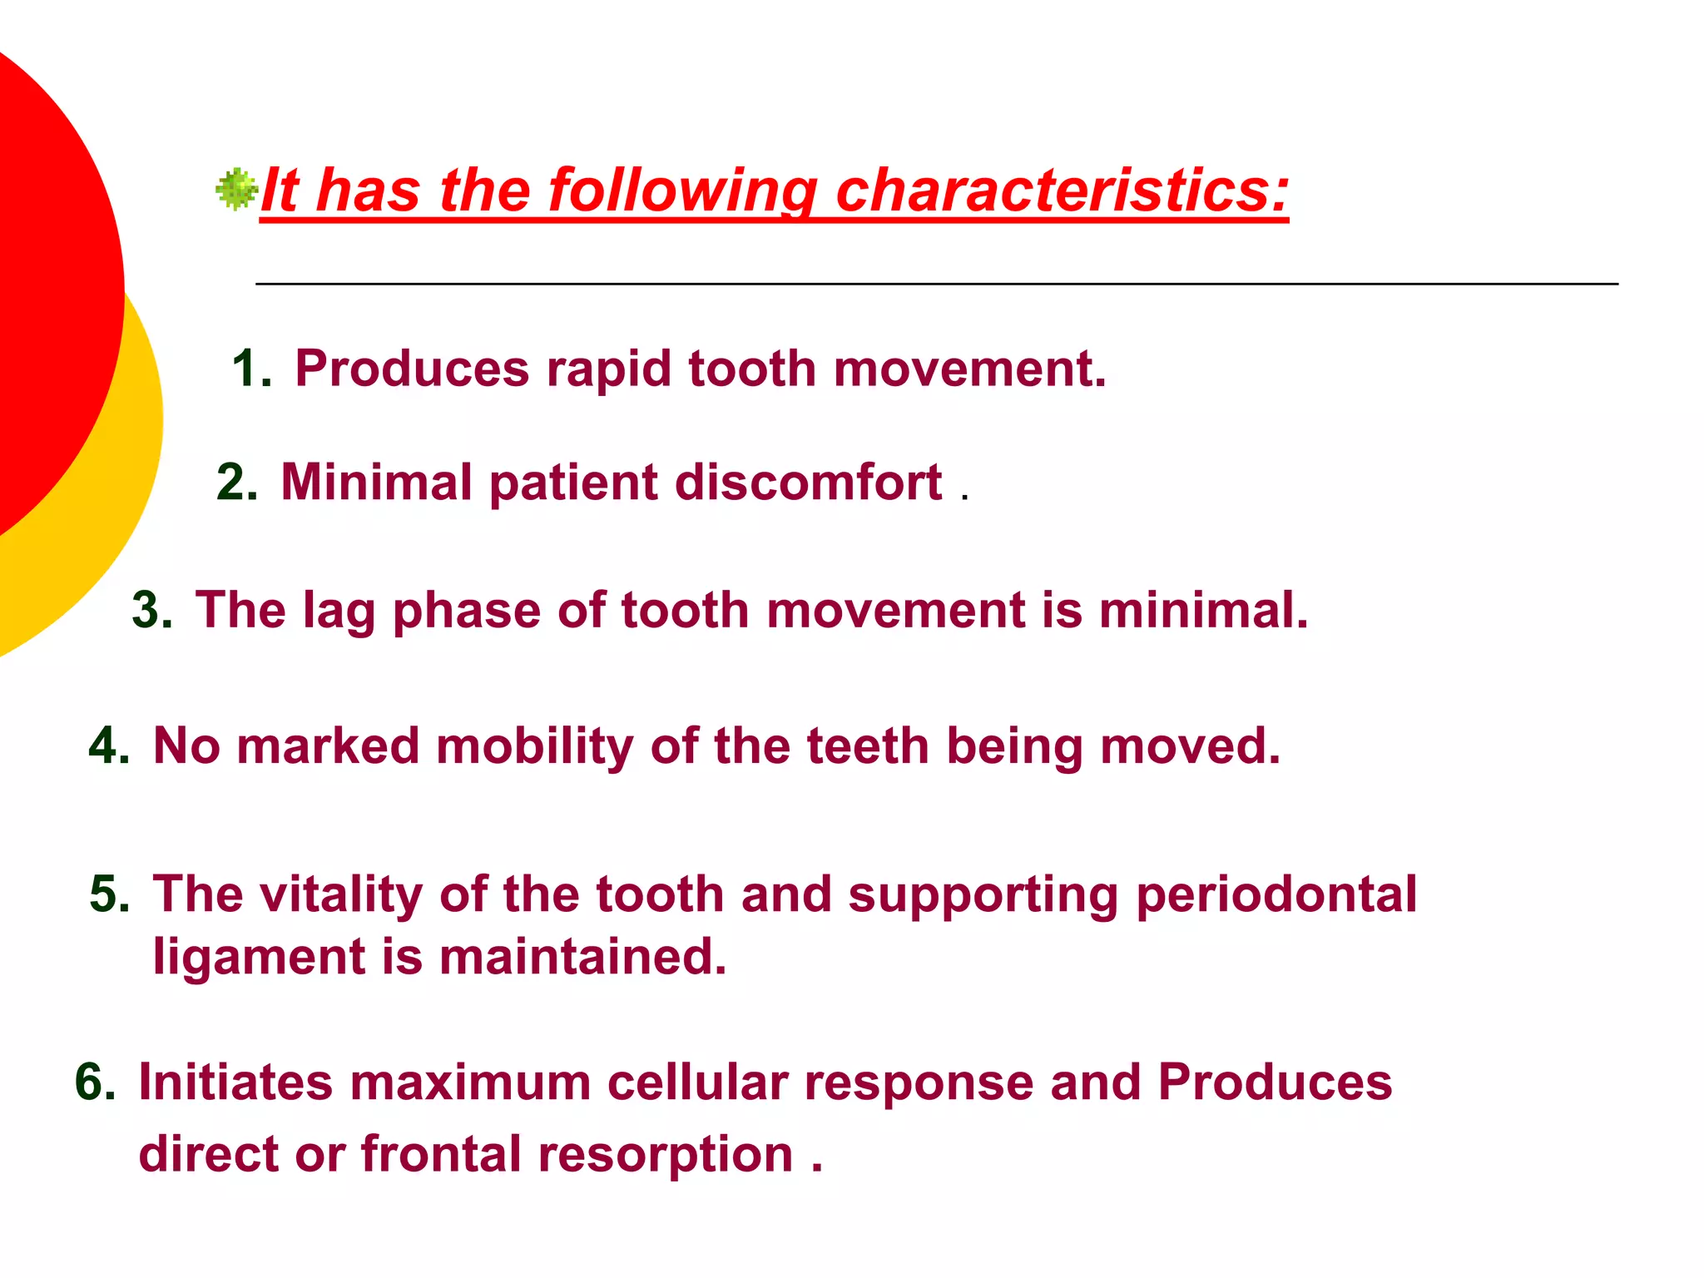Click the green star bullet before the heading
pyautogui.click(x=237, y=190)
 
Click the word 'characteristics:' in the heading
pyautogui.click(x=1062, y=191)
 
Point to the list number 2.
pyautogui.click(x=235, y=483)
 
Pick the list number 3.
pyautogui.click(x=151, y=611)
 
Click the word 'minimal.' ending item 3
pyautogui.click(x=1203, y=611)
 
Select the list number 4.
pyautogui.click(x=108, y=746)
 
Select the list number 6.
pyautogui.click(x=94, y=1083)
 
